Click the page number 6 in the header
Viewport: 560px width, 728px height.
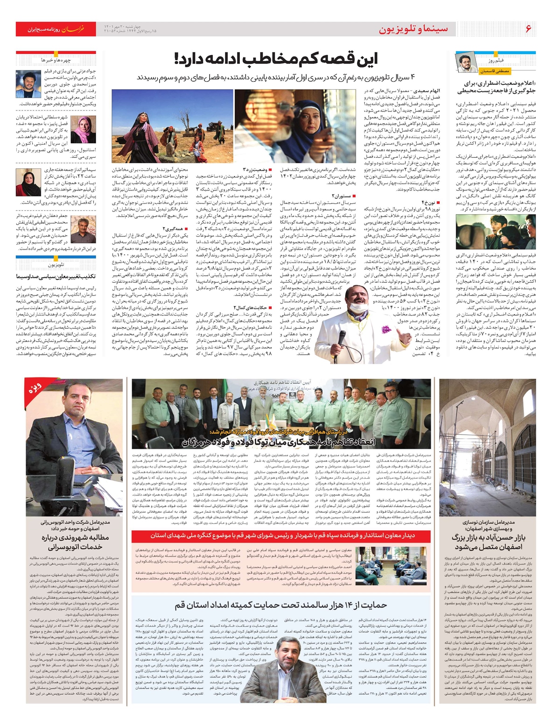tap(528, 29)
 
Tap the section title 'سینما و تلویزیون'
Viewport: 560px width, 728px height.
tap(413, 29)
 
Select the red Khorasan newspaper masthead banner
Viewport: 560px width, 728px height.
tap(56, 29)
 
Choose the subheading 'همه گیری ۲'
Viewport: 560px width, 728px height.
tap(175, 228)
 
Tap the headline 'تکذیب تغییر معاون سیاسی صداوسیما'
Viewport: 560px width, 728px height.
tap(56, 276)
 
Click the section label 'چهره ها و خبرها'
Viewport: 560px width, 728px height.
tap(56, 60)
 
